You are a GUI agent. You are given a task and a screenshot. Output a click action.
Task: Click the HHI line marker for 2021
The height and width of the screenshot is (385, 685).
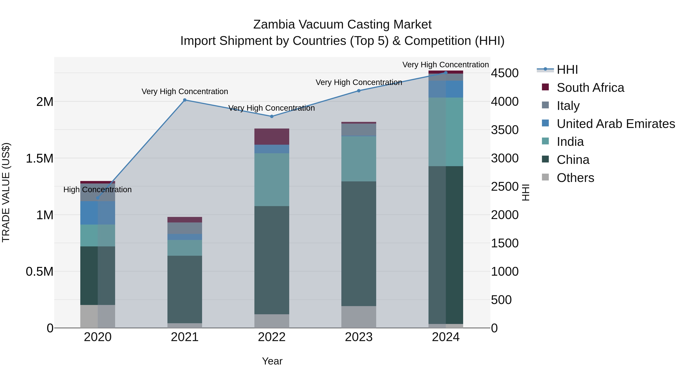point(185,100)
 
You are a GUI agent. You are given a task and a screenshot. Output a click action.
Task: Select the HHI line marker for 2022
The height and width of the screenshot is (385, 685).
point(272,116)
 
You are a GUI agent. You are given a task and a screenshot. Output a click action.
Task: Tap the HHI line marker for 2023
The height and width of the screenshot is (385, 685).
point(359,91)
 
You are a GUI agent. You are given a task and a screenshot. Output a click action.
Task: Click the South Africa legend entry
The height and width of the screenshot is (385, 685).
point(590,88)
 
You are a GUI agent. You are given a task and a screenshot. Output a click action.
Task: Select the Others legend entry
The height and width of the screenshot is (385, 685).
point(575,178)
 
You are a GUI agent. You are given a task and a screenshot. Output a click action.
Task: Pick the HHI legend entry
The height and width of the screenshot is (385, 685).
point(567,70)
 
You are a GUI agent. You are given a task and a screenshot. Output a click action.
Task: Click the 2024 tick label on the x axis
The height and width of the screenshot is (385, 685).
point(446,337)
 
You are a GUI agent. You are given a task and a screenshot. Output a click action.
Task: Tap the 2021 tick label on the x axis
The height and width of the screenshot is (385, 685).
point(185,337)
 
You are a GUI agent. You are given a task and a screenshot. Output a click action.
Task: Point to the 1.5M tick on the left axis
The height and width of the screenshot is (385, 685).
point(40,158)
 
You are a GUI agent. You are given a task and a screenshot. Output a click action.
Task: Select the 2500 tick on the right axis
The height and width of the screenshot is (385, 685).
point(504,187)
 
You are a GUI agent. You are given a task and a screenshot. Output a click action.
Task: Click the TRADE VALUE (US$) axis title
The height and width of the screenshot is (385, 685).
point(6,193)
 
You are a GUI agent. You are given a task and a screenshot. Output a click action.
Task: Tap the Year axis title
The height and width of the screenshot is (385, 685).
point(272,361)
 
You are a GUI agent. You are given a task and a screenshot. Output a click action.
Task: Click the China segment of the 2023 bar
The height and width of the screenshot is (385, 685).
point(359,244)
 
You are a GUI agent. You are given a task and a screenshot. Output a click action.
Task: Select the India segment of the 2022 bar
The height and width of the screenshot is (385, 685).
point(272,180)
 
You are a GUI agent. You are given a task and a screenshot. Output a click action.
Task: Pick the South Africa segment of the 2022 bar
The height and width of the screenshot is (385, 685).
point(272,137)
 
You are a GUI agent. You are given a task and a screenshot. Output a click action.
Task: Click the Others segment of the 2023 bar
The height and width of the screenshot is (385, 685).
point(359,317)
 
